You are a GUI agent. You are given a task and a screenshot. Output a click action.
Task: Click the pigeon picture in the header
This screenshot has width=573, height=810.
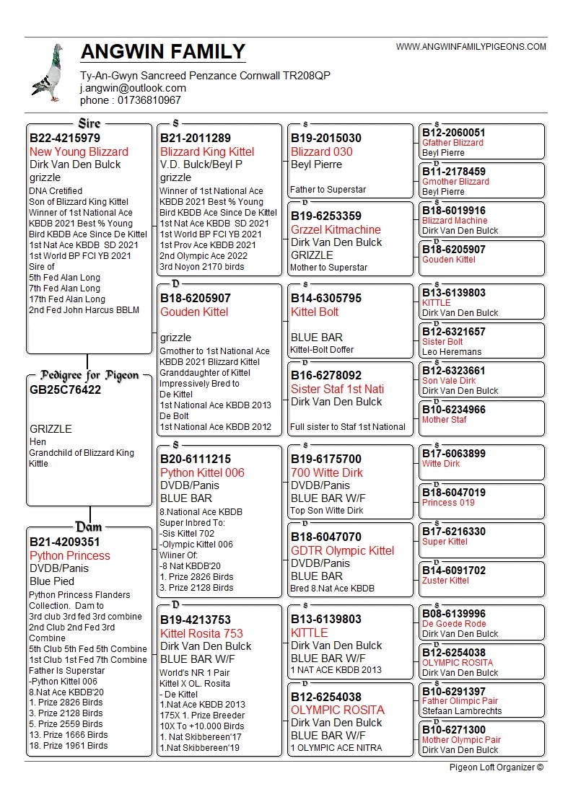[x=48, y=73]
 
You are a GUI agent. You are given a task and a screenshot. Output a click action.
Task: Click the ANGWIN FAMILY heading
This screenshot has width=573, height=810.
[x=163, y=52]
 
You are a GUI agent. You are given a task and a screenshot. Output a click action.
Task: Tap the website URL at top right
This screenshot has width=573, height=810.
[x=471, y=47]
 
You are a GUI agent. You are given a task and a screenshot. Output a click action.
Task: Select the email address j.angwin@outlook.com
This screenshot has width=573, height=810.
[x=133, y=88]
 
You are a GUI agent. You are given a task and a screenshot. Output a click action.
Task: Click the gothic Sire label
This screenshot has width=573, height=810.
[x=89, y=123]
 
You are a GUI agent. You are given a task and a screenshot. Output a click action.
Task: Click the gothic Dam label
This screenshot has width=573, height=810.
[x=89, y=527]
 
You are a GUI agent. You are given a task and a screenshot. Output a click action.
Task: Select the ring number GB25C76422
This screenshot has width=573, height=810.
[x=66, y=390]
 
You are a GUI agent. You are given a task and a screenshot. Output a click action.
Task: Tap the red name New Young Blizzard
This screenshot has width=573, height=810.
[x=79, y=151]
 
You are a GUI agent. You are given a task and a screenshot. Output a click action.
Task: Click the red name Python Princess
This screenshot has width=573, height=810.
[x=70, y=555]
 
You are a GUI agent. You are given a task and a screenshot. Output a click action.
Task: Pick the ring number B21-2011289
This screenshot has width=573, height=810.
[x=196, y=138]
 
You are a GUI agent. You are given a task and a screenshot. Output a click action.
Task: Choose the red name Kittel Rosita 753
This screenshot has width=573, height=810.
[x=201, y=633]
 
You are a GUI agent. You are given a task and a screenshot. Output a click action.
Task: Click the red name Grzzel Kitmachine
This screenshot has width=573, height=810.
[x=336, y=229]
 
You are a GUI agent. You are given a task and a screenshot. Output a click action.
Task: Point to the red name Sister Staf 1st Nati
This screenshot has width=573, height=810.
[x=337, y=389]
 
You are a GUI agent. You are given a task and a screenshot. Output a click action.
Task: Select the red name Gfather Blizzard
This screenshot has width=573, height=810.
[x=452, y=143]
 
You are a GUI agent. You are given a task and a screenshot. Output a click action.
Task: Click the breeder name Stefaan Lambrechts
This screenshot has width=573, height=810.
[x=462, y=711]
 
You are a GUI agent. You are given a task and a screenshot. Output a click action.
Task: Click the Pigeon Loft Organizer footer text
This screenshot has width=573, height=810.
[x=496, y=767]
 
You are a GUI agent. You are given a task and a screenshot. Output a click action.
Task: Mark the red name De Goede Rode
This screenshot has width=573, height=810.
[x=454, y=624]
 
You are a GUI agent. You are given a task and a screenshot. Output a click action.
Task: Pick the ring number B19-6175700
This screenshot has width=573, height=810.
[x=326, y=459]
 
